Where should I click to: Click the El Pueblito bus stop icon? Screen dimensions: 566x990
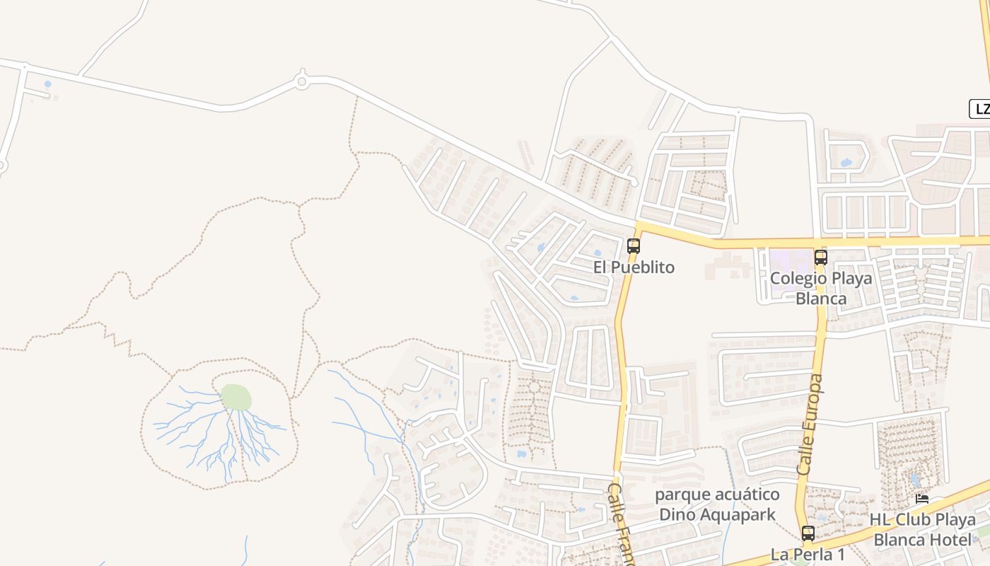coord(634,246)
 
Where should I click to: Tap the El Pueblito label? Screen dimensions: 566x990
coord(634,267)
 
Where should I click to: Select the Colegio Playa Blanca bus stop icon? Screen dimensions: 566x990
coord(820,257)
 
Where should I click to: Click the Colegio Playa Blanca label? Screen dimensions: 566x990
coord(821,288)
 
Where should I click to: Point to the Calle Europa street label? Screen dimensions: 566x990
coord(810,424)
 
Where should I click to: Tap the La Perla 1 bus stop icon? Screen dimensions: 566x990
coord(808,533)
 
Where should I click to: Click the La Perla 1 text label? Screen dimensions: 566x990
coord(808,554)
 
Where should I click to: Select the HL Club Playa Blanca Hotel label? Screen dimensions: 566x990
coord(923,530)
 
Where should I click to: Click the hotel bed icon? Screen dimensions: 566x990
coord(922,499)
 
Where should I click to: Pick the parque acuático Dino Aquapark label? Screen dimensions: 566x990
coord(717,504)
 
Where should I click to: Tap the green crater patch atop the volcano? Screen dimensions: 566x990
coord(236,398)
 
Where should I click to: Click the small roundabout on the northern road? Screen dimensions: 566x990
coord(302,82)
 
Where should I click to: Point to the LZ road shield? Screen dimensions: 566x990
coord(980,109)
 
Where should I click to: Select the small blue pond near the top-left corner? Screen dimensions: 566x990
coord(47,84)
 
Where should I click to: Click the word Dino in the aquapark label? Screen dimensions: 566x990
coord(677,514)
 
